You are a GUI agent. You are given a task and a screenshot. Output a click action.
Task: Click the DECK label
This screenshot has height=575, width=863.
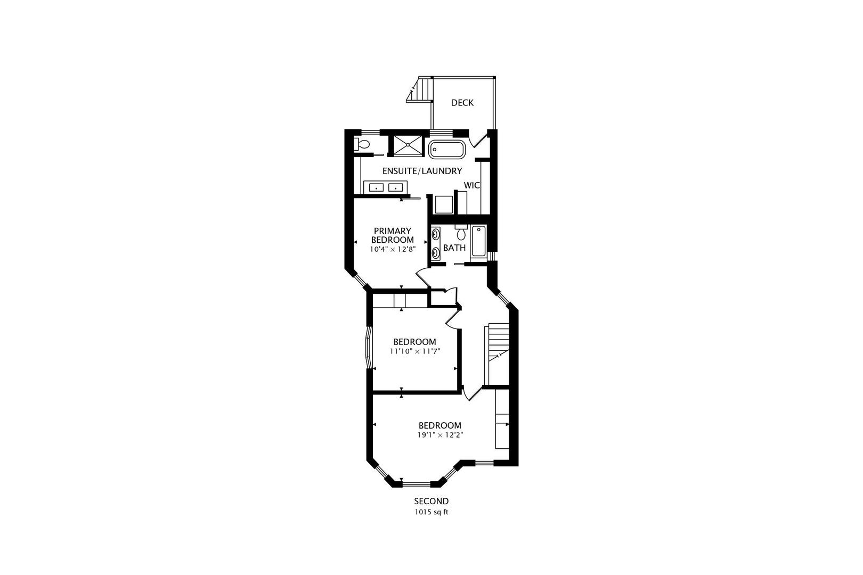pos(462,103)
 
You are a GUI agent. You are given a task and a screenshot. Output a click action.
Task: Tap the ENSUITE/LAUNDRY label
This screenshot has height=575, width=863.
pos(421,171)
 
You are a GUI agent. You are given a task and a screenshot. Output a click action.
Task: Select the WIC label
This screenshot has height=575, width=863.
pos(472,185)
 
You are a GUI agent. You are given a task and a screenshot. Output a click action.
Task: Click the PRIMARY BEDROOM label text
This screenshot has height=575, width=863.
pos(392,235)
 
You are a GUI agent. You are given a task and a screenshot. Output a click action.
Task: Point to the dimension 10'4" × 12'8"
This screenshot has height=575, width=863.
pos(392,249)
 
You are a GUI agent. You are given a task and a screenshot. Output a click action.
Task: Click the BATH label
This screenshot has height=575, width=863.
pos(454,248)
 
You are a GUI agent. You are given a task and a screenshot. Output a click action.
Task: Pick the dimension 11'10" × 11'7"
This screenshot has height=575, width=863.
pos(414,351)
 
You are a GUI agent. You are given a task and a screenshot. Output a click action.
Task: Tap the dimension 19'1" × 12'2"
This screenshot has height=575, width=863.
pos(439,435)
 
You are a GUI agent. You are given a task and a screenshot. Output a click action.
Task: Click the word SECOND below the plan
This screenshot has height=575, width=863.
pos(431,501)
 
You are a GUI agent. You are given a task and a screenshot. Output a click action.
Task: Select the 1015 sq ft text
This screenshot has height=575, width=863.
pos(431,513)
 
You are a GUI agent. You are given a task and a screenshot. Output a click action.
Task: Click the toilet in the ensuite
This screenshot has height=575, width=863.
pos(362,144)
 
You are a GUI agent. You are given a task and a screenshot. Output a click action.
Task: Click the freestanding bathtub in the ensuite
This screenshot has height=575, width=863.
pos(447,149)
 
